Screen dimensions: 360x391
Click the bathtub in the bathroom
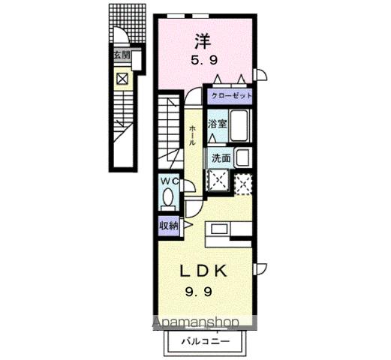(x=240, y=126)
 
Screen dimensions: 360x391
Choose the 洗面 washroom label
(x=220, y=157)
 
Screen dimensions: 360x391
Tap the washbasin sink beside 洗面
(x=242, y=157)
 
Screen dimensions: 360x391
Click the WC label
(x=167, y=181)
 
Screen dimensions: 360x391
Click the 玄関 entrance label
(x=121, y=55)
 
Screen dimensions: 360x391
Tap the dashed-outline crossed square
(x=243, y=181)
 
